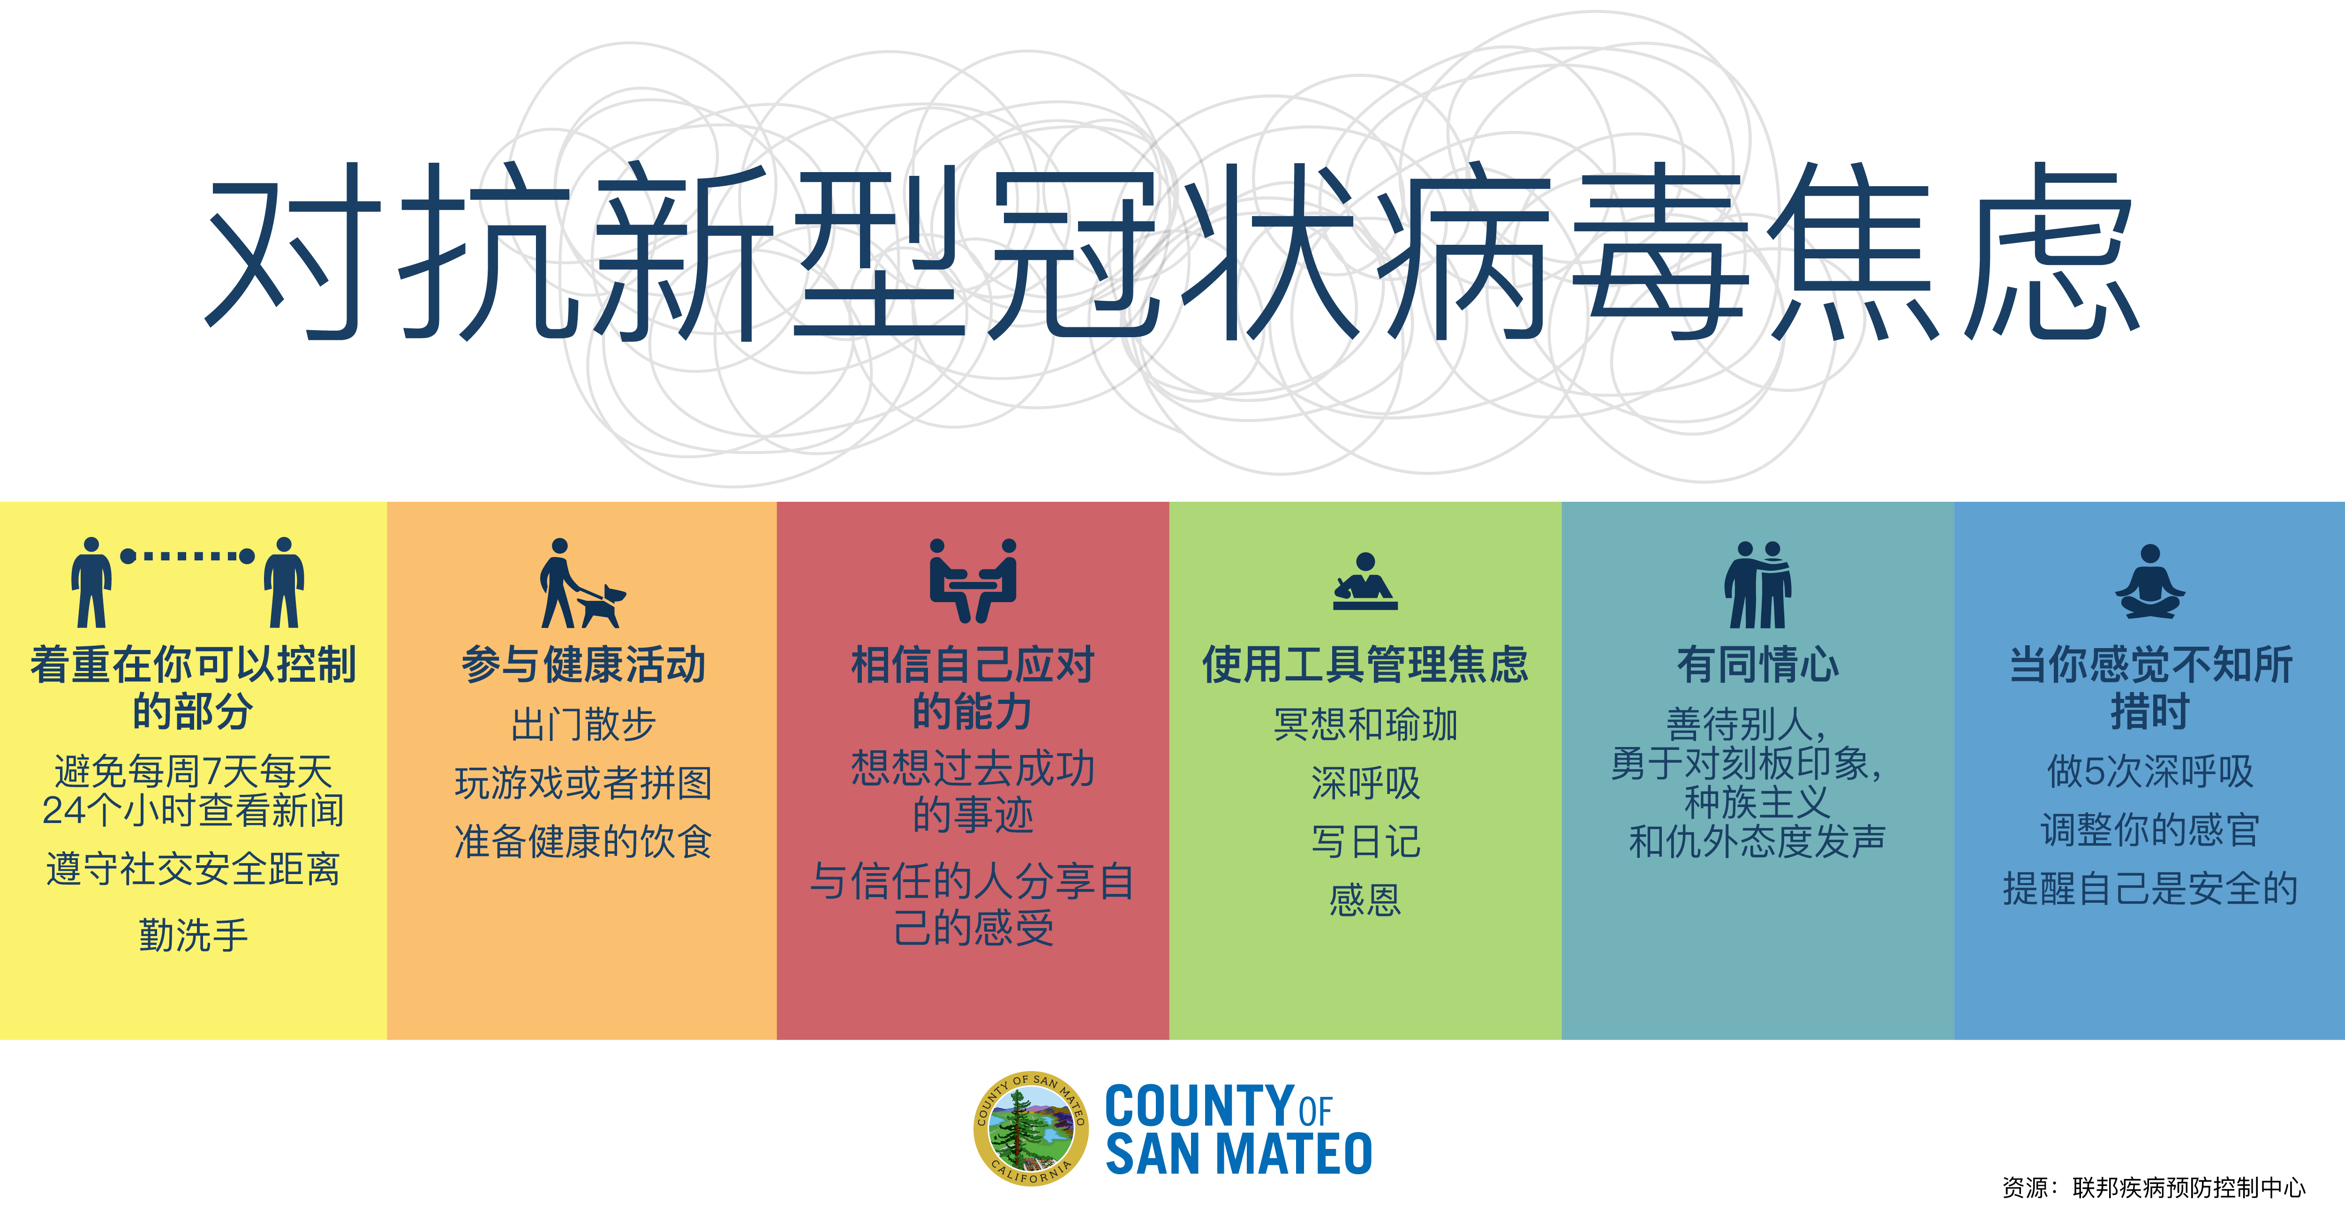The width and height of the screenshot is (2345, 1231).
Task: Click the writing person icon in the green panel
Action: pyautogui.click(x=1365, y=581)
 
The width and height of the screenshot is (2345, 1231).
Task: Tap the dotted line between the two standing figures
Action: pyautogui.click(x=188, y=555)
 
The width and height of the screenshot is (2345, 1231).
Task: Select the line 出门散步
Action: pyautogui.click(x=583, y=725)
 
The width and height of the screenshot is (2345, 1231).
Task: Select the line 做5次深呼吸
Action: pyautogui.click(x=2150, y=771)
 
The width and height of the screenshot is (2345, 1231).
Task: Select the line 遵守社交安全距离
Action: pyautogui.click(x=193, y=868)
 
